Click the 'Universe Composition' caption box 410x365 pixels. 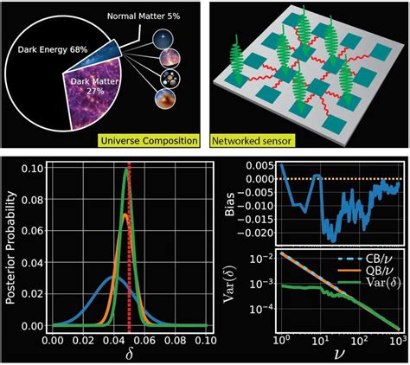[148, 138]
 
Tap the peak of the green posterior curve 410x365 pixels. [126, 170]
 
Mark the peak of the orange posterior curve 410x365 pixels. [125, 216]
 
